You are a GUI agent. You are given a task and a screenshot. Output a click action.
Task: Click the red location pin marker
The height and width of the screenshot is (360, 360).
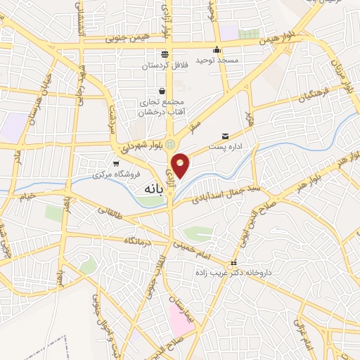click(x=181, y=165)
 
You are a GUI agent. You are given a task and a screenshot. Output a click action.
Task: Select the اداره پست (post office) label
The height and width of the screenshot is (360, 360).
click(x=225, y=147)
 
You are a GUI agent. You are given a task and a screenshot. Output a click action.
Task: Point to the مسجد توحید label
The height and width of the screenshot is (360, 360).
click(x=219, y=61)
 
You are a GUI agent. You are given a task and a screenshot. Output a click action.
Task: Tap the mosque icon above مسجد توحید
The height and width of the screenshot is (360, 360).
click(x=217, y=50)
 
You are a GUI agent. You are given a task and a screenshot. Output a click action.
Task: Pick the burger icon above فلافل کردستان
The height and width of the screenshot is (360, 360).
click(x=164, y=53)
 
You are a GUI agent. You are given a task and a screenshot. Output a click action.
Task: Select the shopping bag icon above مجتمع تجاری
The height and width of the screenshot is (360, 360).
click(x=162, y=91)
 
